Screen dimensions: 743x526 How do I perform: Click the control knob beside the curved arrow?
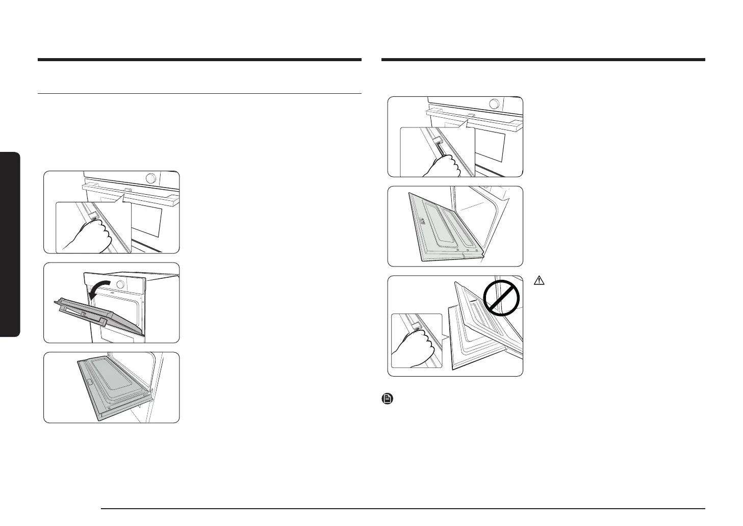click(x=120, y=284)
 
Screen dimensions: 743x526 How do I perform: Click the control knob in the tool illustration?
click(x=494, y=104)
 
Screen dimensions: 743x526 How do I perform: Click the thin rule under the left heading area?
click(x=199, y=94)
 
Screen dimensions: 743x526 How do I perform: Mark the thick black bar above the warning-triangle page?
click(x=543, y=60)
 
